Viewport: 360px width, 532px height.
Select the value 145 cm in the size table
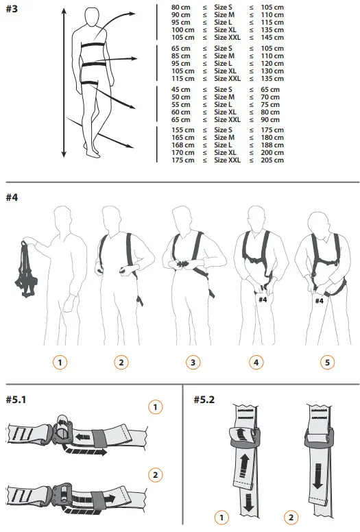pos(272,38)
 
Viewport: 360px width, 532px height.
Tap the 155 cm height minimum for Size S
pos(182,130)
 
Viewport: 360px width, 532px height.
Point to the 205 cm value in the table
pos(272,160)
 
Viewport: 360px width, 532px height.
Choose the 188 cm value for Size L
pos(272,145)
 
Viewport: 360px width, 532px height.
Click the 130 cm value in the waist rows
pos(272,71)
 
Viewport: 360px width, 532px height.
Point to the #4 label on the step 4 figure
pos(263,299)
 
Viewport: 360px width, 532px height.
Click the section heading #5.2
pos(204,400)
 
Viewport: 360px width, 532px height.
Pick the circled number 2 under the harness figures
pos(121,362)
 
